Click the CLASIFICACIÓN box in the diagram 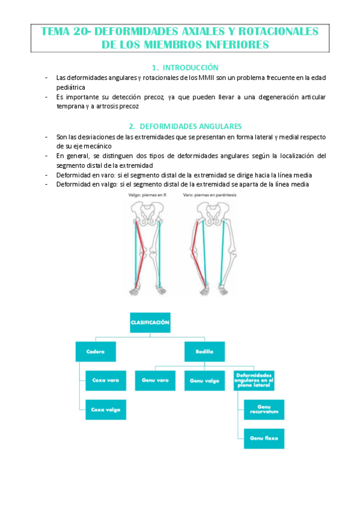pos(150,323)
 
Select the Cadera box pos(96,351)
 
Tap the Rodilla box pos(204,351)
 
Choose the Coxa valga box pos(106,410)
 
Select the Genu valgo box pos(204,381)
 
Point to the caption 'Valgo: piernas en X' pos(148,195)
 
